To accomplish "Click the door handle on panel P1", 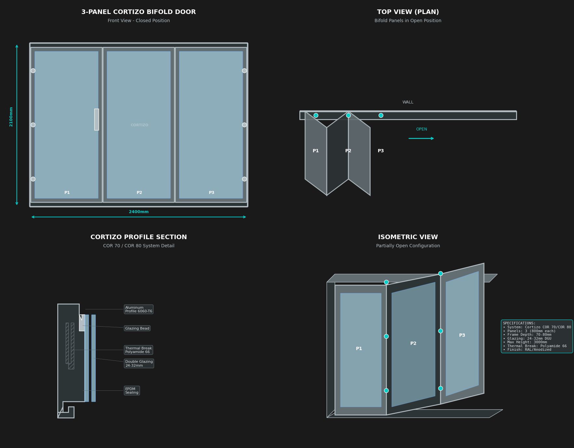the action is tap(97, 119).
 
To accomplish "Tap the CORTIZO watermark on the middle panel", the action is tap(139, 125).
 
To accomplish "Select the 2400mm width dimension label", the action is tap(139, 212).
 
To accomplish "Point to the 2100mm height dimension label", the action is tap(11, 117).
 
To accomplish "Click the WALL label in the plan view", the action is tap(408, 102).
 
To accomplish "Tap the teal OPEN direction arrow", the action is tap(421, 139).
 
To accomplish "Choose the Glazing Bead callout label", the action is tap(137, 328).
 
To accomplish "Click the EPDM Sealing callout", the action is tap(132, 391).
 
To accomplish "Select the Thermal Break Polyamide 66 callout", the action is tap(139, 350).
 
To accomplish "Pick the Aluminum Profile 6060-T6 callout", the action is tap(139, 309).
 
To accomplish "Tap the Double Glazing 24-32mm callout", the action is tap(139, 363).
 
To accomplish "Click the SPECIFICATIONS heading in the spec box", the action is tap(519, 323).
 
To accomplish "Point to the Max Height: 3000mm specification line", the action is tap(525, 342).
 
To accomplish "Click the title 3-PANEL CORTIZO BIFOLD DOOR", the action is tap(139, 12).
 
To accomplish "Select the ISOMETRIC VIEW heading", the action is tap(408, 237).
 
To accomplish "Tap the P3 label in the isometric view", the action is tap(462, 335).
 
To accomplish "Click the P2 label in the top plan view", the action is tap(348, 151).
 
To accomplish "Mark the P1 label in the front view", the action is tap(67, 193).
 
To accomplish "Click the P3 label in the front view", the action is tap(212, 193).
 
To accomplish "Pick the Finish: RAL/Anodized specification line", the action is tap(527, 350).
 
